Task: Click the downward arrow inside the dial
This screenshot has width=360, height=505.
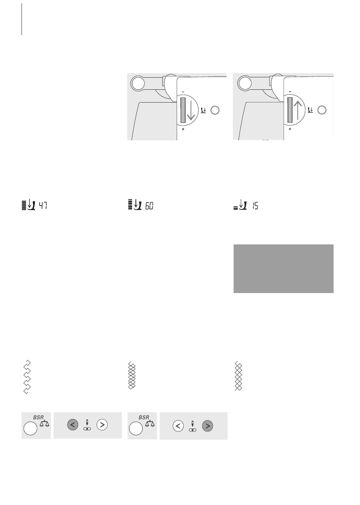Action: coord(191,110)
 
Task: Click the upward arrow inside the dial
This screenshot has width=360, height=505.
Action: coord(298,110)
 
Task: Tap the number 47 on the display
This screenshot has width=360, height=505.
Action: coord(43,206)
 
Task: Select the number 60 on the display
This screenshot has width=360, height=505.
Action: coord(149,206)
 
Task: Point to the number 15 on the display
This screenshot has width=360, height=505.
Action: coord(255,206)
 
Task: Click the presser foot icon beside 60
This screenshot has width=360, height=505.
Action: coord(137,204)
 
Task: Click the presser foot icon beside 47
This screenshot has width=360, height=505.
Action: coord(31,204)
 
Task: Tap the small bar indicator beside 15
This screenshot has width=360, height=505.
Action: coord(236,208)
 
